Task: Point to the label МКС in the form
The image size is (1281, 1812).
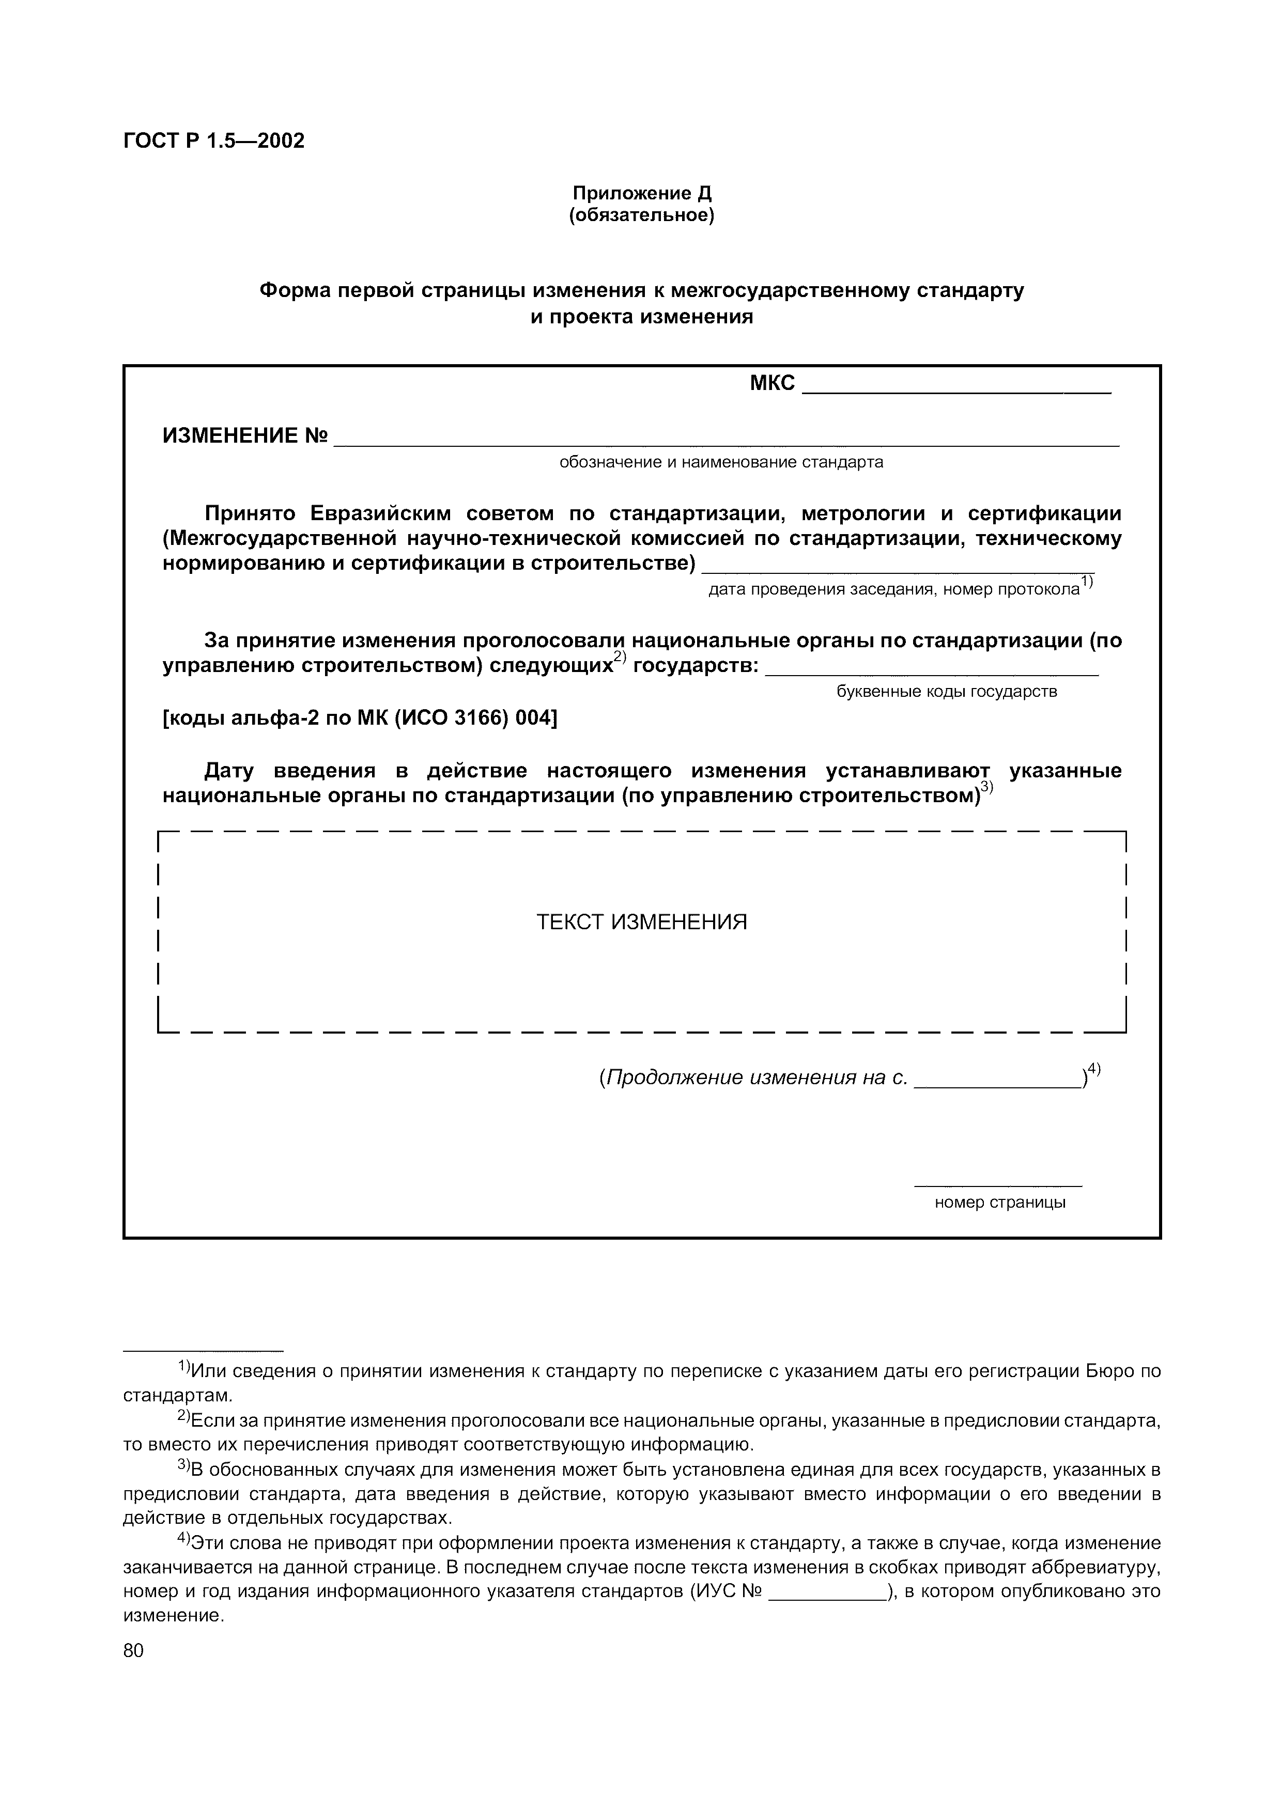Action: coord(772,384)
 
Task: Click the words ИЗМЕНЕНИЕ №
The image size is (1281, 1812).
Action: coord(244,435)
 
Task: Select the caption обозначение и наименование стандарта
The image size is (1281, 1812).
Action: coord(721,462)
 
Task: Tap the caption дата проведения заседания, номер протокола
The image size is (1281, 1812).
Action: coord(893,589)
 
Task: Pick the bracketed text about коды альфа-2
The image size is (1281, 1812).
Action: coord(359,718)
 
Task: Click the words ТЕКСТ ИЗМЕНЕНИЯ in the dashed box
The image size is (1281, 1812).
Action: coord(641,922)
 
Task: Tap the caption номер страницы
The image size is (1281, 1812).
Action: coord(999,1202)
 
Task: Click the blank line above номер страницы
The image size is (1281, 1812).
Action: coord(998,1184)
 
